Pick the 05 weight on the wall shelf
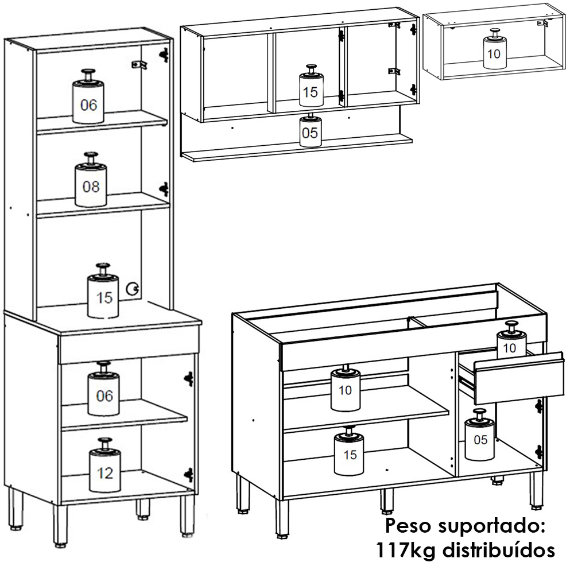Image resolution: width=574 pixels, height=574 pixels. [x=311, y=130]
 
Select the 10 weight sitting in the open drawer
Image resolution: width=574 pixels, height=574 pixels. [x=511, y=340]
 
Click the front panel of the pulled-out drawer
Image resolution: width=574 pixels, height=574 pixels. [x=519, y=378]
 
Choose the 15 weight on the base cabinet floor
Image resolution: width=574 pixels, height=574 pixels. [x=349, y=451]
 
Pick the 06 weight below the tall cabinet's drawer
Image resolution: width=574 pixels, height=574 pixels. [x=103, y=389]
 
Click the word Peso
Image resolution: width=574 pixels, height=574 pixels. [x=408, y=526]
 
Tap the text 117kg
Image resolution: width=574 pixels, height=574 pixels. [x=407, y=550]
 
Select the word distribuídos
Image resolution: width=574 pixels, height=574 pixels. [x=499, y=550]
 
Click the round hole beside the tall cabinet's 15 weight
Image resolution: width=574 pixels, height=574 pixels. [x=132, y=289]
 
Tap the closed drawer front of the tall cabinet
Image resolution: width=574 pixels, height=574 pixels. [x=129, y=344]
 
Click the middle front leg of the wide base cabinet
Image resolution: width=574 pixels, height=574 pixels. [x=386, y=501]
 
